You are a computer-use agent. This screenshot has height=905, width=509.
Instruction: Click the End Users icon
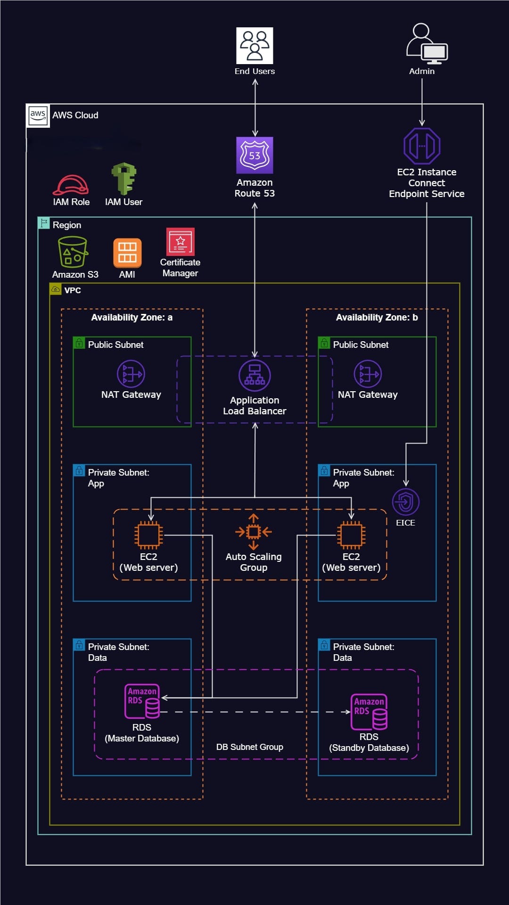[x=254, y=45]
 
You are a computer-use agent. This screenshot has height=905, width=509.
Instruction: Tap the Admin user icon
[x=427, y=44]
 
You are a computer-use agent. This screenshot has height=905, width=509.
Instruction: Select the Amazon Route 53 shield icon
[x=254, y=155]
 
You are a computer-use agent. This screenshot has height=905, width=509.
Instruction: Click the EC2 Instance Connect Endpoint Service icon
[x=422, y=146]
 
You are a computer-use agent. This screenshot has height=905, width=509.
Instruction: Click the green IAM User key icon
[x=124, y=179]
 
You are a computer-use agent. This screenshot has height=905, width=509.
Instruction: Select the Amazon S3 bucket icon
[x=73, y=252]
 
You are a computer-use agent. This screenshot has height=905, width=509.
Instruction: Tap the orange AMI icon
[x=127, y=253]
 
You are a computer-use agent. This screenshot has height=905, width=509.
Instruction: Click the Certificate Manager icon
[x=181, y=241]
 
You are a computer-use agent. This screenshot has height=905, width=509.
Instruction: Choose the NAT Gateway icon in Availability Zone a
[x=131, y=374]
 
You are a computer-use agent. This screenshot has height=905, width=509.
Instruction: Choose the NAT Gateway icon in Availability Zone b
[x=368, y=374]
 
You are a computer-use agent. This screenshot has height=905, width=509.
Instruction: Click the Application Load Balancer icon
[x=254, y=376]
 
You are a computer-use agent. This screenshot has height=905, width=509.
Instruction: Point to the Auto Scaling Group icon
[x=254, y=532]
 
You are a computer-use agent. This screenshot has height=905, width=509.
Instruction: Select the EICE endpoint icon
[x=406, y=502]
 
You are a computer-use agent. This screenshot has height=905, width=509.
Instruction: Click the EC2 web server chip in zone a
[x=148, y=535]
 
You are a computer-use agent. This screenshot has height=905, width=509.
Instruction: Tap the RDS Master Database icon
[x=142, y=701]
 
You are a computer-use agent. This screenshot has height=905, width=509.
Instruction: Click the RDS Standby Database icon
[x=369, y=711]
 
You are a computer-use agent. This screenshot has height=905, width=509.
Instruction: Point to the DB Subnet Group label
[x=250, y=747]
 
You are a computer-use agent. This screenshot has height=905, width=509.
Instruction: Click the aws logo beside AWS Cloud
[x=38, y=115]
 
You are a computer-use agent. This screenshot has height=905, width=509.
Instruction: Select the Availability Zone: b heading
[x=377, y=317]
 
